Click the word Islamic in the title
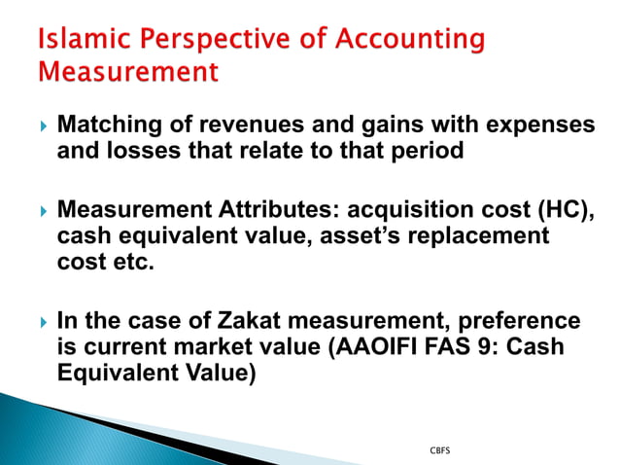pyautogui.click(x=76, y=40)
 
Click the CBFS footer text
pyautogui.click(x=439, y=451)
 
